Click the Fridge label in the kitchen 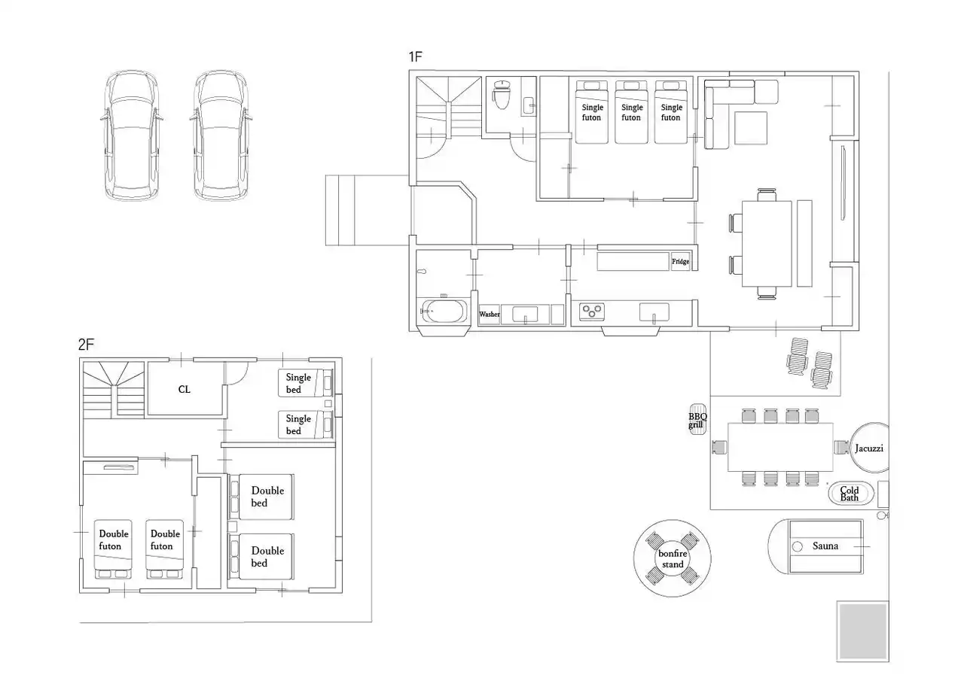[680, 261]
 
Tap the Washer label [490, 315]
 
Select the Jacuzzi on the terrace [869, 448]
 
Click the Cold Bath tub [851, 493]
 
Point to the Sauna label [825, 546]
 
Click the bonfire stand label [673, 558]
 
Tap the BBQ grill [697, 419]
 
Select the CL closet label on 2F [185, 389]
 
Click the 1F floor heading [415, 56]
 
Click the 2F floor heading [86, 344]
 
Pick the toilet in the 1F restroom [502, 95]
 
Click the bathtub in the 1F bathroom [444, 311]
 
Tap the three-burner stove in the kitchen [592, 312]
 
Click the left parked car [132, 135]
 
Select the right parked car [221, 135]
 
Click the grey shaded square [862, 631]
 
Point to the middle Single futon [631, 112]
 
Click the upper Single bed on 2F [306, 382]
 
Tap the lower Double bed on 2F [261, 556]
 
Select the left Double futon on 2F [113, 549]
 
